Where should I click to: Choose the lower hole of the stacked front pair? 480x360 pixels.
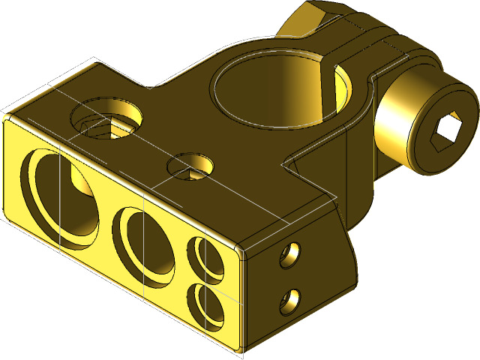tap(205, 307)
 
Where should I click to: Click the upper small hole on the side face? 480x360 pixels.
tap(288, 256)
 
